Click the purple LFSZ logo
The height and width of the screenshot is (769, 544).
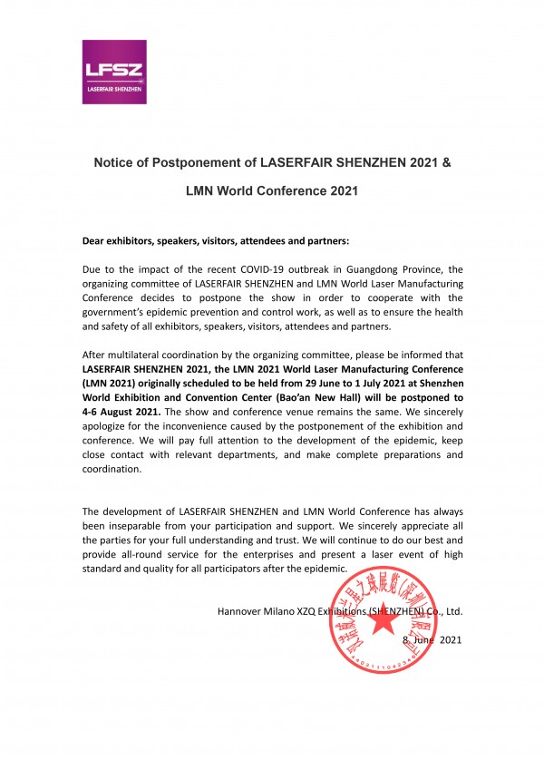point(114,72)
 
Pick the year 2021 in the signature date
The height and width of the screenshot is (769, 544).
point(450,640)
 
